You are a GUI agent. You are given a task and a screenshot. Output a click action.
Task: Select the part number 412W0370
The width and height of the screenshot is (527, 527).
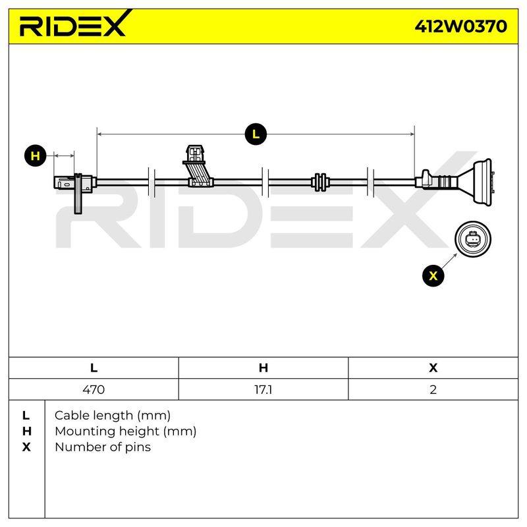pos(460,26)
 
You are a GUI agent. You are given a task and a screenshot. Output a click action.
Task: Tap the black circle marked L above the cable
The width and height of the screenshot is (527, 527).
pos(256,134)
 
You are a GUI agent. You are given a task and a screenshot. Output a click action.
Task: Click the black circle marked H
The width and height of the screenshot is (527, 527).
pos(36,156)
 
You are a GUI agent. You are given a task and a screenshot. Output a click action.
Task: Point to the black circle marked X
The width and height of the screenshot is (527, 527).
pos(433,275)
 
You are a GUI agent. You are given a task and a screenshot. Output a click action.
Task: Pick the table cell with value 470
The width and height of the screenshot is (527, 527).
pos(94,389)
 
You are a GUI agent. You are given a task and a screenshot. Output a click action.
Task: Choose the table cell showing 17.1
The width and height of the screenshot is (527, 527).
pos(263,389)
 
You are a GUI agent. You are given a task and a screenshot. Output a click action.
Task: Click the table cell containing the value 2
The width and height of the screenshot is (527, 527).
pos(433,389)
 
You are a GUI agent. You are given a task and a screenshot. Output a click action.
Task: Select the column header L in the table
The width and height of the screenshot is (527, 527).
pos(94,368)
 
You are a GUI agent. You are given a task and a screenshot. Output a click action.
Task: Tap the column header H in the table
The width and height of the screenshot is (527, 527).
pos(263,368)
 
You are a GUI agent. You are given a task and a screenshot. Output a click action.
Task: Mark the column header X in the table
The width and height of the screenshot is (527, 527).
pos(433,368)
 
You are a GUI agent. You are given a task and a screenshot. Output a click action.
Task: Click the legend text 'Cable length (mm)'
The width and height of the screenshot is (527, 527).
pos(113,416)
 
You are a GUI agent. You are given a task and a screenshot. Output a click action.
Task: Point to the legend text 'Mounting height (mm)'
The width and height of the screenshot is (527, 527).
pos(126,431)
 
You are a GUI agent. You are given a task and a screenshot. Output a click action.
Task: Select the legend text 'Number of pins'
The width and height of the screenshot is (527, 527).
pos(103,447)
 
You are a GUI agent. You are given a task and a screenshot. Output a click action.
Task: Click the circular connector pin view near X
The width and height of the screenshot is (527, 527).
pos(473,239)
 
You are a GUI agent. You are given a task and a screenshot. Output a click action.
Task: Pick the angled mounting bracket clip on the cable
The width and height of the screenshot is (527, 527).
pos(198,166)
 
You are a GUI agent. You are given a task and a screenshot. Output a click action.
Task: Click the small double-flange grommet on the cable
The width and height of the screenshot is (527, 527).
pos(320,182)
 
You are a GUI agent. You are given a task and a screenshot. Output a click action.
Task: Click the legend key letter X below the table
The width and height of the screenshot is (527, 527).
pos(26,447)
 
